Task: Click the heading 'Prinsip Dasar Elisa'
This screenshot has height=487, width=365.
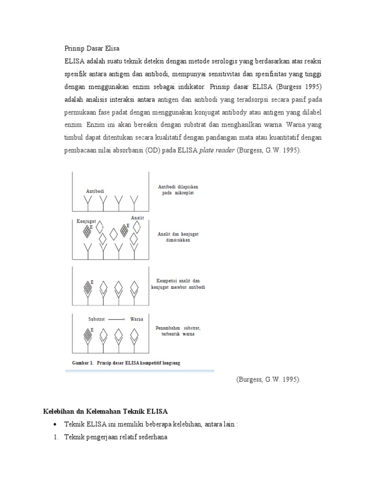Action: (92, 49)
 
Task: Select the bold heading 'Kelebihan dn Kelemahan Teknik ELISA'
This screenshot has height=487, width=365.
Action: (103, 410)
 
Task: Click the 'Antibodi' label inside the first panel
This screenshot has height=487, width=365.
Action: (95, 191)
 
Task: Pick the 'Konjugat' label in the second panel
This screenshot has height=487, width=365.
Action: (86, 221)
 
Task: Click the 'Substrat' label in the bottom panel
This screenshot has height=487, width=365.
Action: (96, 319)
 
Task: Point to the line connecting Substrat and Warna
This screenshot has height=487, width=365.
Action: (117, 319)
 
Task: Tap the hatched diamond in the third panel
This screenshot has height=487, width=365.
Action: (87, 288)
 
